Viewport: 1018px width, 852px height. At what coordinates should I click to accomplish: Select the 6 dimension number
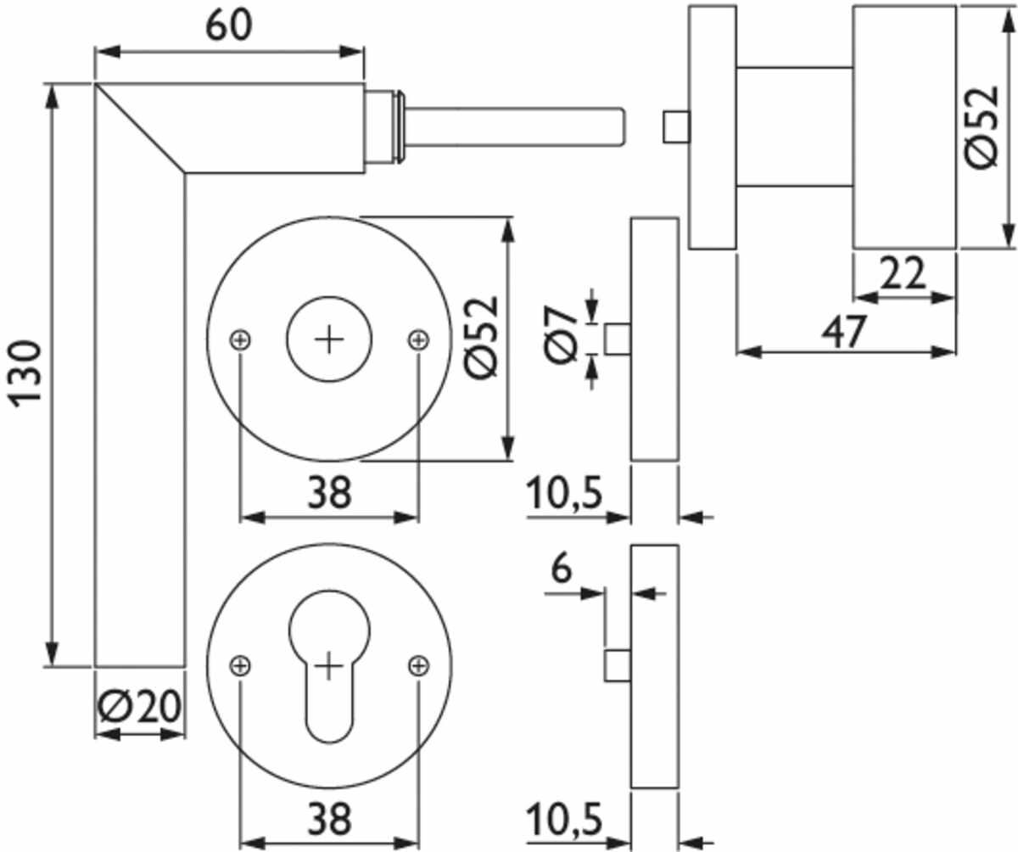(560, 569)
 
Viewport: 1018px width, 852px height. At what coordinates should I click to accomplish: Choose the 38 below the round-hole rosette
(328, 492)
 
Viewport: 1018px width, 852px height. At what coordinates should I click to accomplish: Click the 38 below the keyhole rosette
(328, 821)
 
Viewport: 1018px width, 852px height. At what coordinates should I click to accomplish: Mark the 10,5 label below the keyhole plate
(564, 821)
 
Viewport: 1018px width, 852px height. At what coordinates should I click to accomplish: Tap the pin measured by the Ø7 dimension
(617, 337)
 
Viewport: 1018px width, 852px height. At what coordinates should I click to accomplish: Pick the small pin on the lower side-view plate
(617, 664)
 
